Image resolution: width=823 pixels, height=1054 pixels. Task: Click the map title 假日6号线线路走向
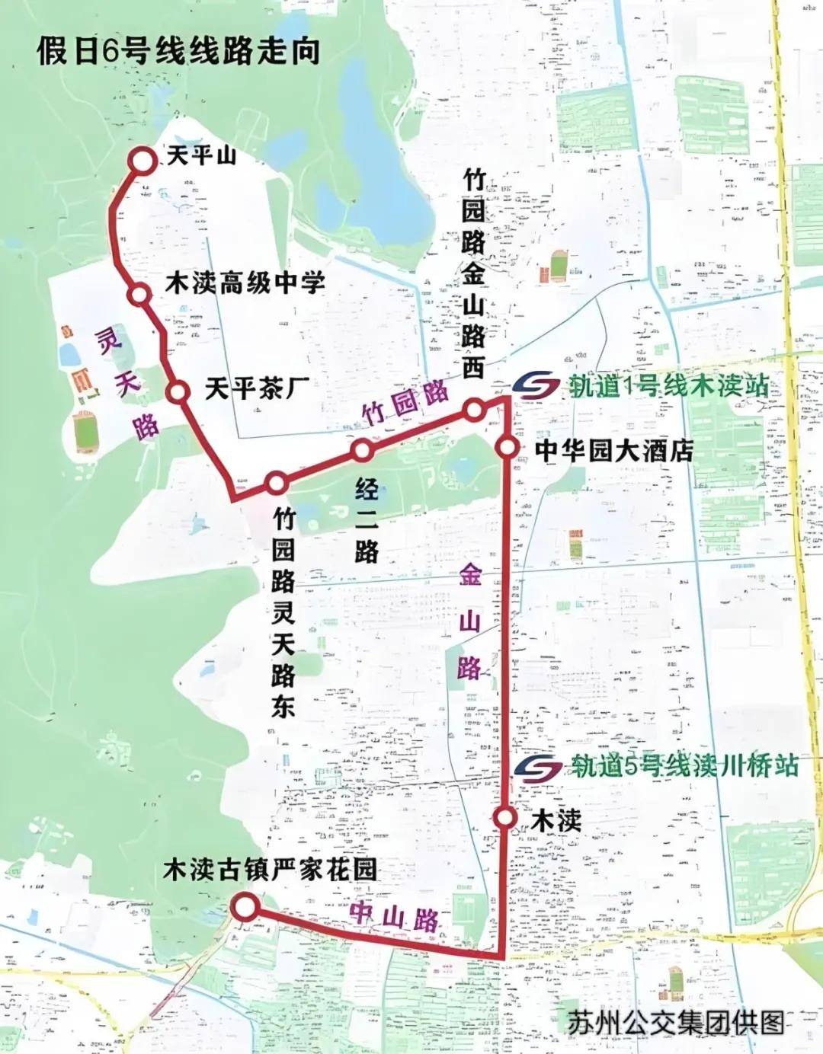point(178,52)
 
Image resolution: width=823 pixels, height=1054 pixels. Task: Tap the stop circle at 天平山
point(142,161)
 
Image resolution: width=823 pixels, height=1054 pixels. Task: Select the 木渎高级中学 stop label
point(245,283)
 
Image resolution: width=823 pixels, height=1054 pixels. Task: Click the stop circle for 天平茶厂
point(178,391)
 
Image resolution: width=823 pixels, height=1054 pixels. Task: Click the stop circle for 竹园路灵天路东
point(277,483)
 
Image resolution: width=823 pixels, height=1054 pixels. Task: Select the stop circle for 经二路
point(362,451)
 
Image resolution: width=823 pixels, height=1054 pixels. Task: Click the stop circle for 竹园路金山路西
point(473,411)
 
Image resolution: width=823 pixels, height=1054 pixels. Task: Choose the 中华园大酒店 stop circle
point(508,447)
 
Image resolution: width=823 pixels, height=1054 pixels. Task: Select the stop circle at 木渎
point(504,817)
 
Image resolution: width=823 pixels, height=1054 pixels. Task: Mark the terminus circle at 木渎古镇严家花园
point(245,906)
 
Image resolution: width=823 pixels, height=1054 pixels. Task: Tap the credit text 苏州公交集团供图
point(675,1022)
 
